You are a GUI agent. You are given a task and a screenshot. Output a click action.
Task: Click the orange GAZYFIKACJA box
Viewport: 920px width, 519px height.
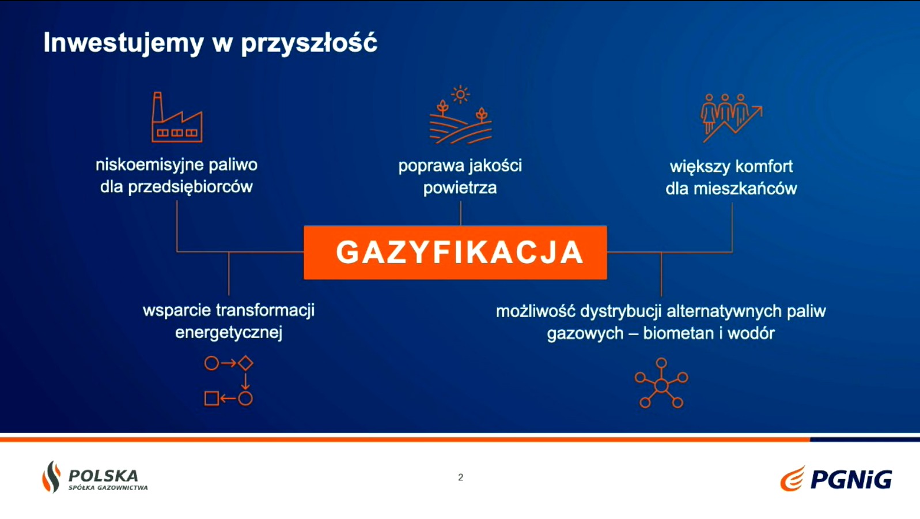pos(455,253)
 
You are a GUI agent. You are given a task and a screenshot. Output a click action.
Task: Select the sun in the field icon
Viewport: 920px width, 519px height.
pos(460,95)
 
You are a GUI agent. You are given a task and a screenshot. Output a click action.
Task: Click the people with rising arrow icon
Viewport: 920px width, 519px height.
pos(732,118)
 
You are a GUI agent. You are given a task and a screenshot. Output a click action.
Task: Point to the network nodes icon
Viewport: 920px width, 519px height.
pos(661,383)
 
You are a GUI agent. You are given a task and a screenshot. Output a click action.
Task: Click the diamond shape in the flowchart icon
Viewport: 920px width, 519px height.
pos(245,363)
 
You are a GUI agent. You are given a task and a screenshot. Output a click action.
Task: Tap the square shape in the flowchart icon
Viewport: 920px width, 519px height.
pos(211,398)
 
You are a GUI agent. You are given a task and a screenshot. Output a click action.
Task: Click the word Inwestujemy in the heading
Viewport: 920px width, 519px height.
pos(124,43)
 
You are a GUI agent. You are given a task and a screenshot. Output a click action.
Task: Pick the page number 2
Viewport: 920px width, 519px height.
pos(460,477)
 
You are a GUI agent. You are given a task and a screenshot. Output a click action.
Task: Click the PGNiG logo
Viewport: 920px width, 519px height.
pos(836,478)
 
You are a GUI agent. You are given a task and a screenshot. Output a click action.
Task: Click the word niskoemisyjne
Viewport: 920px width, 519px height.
pos(150,165)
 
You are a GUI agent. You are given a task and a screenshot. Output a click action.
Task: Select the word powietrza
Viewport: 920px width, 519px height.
pos(460,188)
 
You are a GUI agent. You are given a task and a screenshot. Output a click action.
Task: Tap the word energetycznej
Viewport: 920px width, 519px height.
pos(229,332)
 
